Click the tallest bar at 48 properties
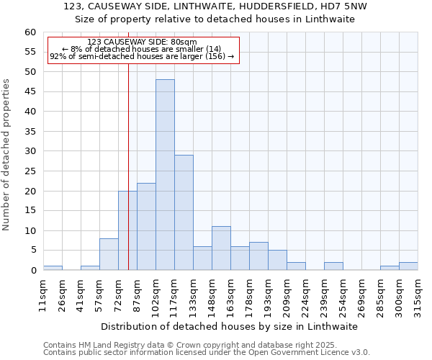[165, 175]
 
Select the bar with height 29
[184, 212]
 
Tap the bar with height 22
[146, 227]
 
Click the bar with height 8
[109, 254]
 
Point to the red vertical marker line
[128, 180]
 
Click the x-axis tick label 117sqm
[174, 295]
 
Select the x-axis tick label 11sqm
[43, 295]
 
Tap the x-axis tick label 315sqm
[418, 295]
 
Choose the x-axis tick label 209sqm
[287, 295]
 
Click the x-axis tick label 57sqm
[99, 295]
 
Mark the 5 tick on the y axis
[33, 251]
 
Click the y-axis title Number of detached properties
[7, 155]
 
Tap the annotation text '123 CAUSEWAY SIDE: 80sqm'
[141, 42]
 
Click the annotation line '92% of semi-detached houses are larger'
[137, 56]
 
